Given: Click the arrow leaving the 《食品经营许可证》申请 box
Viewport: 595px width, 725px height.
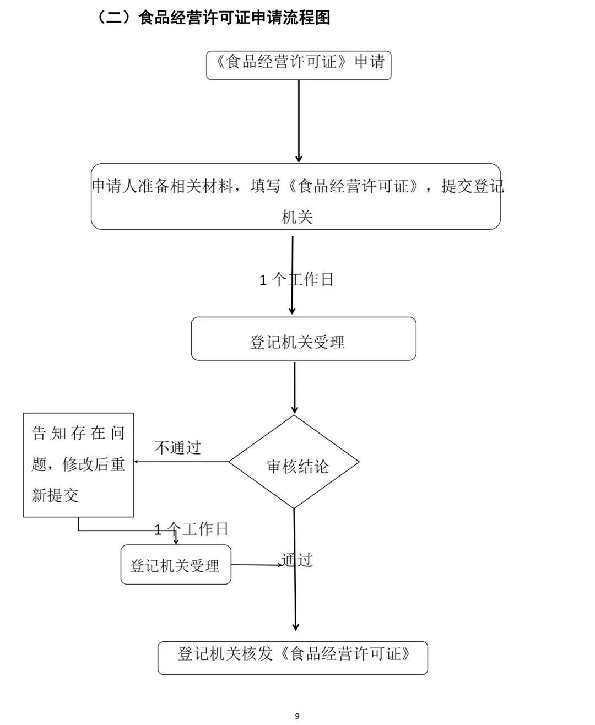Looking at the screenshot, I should (x=299, y=121).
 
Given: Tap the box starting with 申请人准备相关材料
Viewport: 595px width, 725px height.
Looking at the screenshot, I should (x=296, y=196).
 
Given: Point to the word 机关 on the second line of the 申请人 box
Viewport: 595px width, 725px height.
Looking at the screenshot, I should (x=297, y=217).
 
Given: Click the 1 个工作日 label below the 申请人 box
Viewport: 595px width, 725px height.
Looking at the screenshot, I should (x=296, y=280).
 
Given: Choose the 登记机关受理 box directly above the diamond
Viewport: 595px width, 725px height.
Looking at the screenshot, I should (x=303, y=339).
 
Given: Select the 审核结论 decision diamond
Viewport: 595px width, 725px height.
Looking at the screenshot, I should (x=294, y=462).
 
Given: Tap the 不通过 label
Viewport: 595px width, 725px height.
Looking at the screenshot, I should (x=178, y=448).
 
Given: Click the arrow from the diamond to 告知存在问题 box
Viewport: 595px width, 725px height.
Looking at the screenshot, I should (x=182, y=462).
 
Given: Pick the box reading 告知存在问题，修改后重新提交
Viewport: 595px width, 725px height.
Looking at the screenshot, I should (x=78, y=465).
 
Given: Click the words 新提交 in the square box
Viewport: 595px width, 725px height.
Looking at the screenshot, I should (x=55, y=495).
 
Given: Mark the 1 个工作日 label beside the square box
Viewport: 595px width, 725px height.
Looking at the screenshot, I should (x=192, y=529).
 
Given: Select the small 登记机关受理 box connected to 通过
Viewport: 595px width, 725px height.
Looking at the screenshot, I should (x=176, y=565).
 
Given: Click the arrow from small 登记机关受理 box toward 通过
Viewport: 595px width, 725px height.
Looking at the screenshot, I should (x=256, y=565).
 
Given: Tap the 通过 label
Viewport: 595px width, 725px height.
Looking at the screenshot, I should (x=297, y=560).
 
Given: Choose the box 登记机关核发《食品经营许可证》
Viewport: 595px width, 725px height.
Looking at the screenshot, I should (x=293, y=658).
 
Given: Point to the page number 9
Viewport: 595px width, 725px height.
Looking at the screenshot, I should (x=297, y=716).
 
